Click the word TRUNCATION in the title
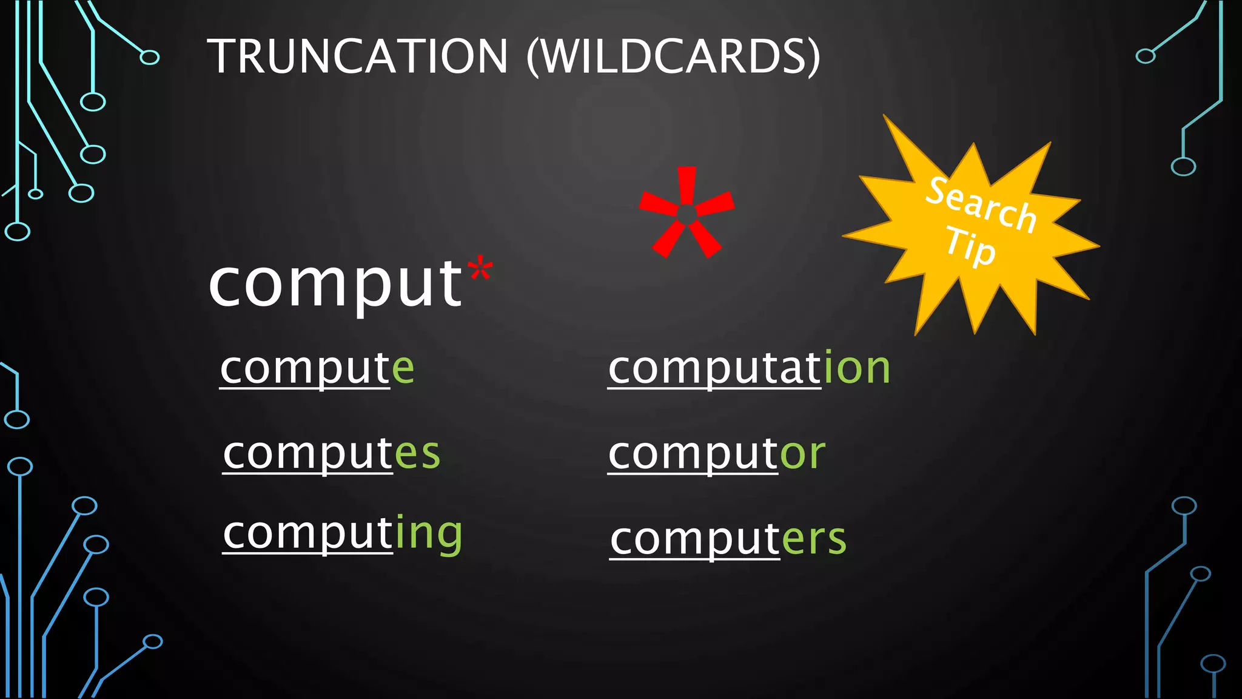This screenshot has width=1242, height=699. (357, 56)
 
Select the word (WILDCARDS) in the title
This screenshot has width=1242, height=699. (673, 56)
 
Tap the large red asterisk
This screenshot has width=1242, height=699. (686, 212)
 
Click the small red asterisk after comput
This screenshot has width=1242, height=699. (480, 270)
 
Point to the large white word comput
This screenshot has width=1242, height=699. (335, 284)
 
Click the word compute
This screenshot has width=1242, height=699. (317, 368)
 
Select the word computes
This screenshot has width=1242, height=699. (331, 453)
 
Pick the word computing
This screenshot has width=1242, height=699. (343, 533)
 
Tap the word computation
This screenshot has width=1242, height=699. (749, 368)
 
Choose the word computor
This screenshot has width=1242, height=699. (716, 453)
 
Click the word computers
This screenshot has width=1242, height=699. (728, 539)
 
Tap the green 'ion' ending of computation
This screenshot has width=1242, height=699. (857, 368)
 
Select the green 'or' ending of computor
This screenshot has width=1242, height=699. (802, 453)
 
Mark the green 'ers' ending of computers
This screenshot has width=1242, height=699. (814, 539)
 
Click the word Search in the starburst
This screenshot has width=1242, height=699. (981, 205)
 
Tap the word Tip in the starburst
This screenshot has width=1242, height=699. (970, 246)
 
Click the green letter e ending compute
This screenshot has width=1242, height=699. (403, 368)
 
